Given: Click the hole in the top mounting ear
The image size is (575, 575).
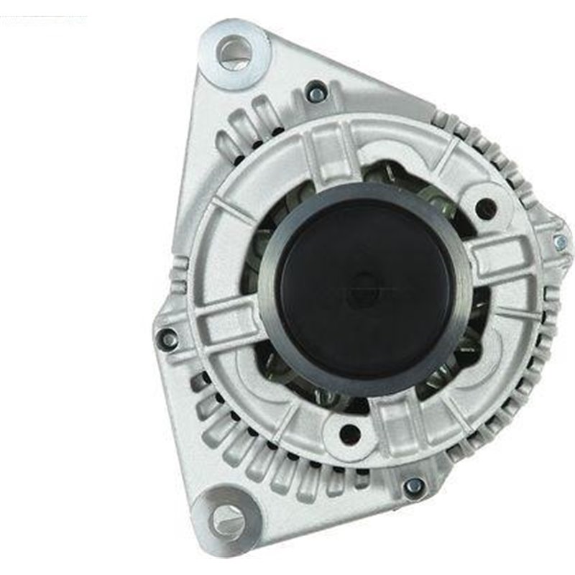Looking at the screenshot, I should click(x=234, y=52).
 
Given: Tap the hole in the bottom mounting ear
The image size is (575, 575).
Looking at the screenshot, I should click(x=228, y=517).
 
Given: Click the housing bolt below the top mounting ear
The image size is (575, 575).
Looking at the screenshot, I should click(x=315, y=91).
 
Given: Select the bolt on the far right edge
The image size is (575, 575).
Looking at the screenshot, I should click(x=560, y=243).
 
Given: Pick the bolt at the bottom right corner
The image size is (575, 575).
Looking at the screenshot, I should click(x=413, y=487).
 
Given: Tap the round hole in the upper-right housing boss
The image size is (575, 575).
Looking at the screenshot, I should click(x=486, y=209).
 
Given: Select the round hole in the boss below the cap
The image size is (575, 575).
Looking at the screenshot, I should click(x=349, y=433).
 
